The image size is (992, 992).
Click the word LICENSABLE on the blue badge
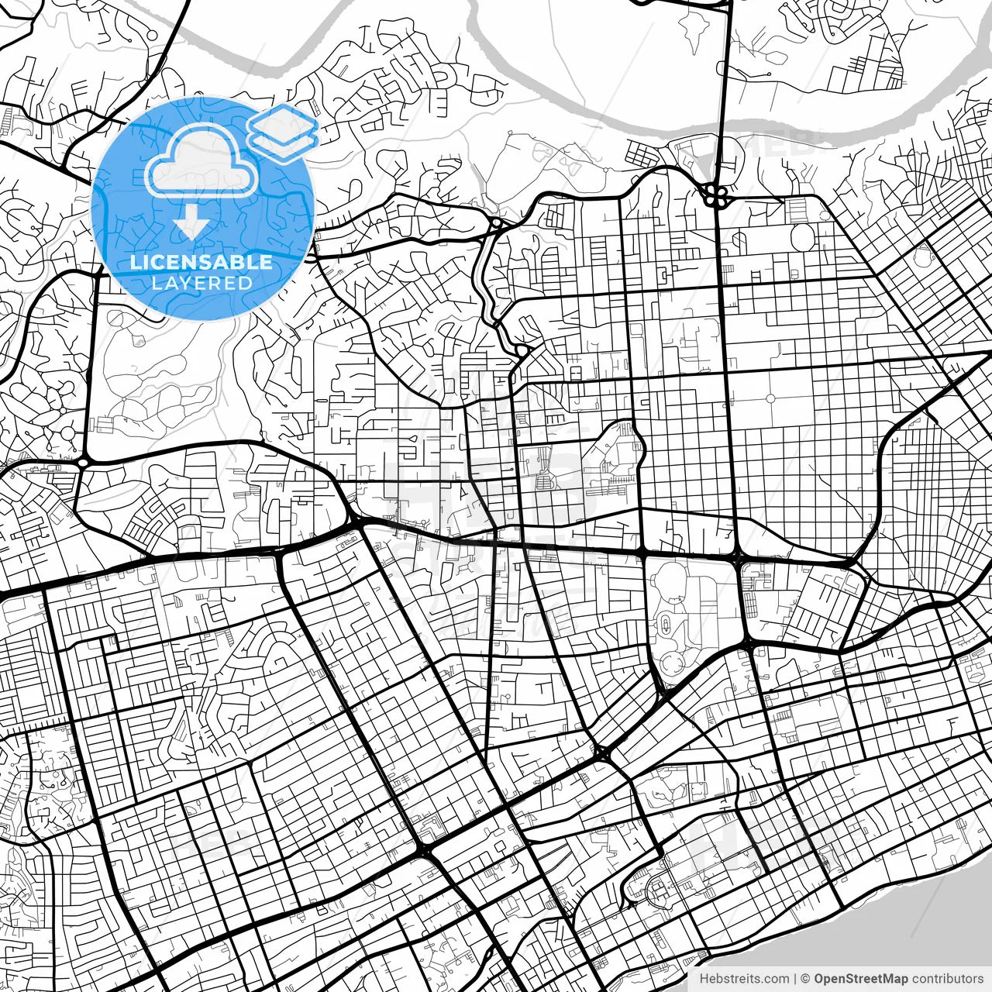(201, 262)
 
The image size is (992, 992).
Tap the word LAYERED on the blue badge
(201, 283)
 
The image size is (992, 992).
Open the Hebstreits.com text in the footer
(745, 979)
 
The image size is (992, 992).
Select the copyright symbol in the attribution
(806, 979)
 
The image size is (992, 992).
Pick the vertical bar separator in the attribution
(796, 979)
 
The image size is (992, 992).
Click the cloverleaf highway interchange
(715, 195)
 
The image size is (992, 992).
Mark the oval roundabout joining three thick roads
(82, 463)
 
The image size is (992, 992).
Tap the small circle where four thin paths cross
(770, 398)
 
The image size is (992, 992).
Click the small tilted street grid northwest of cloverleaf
(642, 155)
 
